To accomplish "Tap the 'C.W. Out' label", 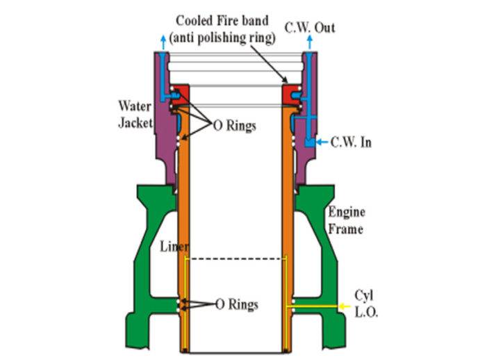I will click(x=311, y=27).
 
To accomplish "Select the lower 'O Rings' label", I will click(x=235, y=304).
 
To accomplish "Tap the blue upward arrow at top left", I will click(x=163, y=44).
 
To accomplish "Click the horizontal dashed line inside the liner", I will click(x=237, y=259).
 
